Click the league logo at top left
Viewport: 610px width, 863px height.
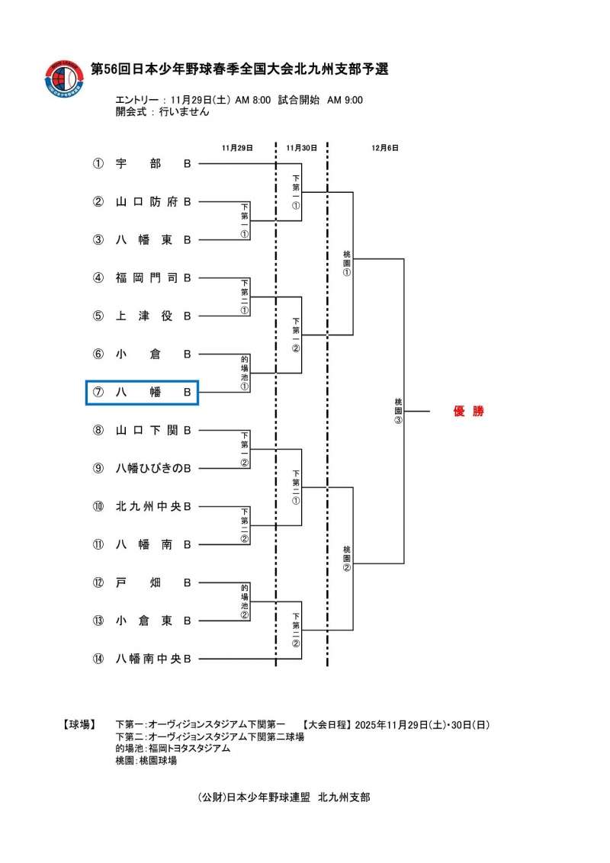64,79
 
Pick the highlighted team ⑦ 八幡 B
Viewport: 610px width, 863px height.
143,392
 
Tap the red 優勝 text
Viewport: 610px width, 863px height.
468,412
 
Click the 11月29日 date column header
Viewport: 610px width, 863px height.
237,147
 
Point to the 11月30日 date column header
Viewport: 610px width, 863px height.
301,147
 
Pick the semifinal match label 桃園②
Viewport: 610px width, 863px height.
346,558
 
